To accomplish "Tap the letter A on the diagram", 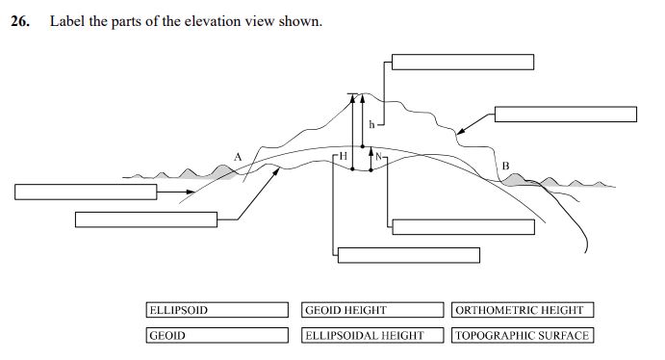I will click(238, 155).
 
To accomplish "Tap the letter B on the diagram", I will click(505, 166).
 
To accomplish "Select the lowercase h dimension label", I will click(371, 124).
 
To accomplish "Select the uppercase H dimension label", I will click(344, 155).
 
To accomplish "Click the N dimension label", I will click(379, 156).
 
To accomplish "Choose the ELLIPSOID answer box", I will click(217, 310).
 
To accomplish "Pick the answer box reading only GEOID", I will click(217, 335).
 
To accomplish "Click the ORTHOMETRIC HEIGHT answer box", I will click(522, 310).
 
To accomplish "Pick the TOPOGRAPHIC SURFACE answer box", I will click(522, 335).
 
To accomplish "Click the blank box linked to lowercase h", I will click(463, 63).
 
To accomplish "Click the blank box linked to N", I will click(463, 226).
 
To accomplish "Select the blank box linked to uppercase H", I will click(408, 254).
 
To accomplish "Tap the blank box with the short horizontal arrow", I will click(86, 192).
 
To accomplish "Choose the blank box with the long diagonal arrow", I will click(146, 219).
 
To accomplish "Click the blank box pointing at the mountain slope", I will click(566, 114).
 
